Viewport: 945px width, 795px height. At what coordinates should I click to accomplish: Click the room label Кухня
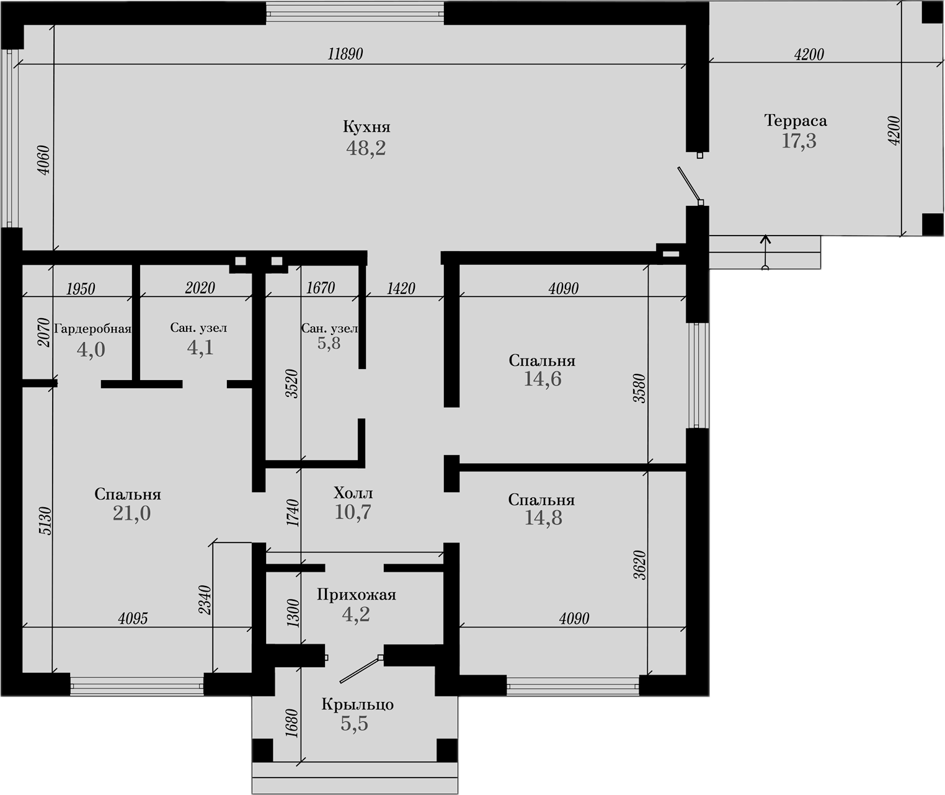click(x=366, y=127)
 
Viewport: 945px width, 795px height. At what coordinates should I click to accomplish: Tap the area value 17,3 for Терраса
click(x=799, y=141)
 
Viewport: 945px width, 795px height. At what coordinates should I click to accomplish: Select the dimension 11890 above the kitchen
click(x=345, y=54)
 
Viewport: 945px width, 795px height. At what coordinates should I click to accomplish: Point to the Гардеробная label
click(x=92, y=329)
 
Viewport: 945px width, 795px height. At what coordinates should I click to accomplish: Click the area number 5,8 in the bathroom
click(x=329, y=344)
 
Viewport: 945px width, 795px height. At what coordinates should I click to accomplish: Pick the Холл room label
click(x=353, y=494)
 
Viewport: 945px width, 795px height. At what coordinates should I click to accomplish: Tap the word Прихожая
click(x=356, y=595)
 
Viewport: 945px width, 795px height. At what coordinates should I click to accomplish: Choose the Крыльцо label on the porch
click(x=357, y=705)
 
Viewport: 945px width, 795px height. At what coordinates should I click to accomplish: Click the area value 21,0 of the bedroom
click(x=131, y=513)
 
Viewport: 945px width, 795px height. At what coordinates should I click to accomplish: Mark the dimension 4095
click(x=133, y=618)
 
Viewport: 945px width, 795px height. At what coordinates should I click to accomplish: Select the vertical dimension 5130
click(x=45, y=521)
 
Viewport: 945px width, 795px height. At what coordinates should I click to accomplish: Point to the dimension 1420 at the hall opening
click(x=401, y=288)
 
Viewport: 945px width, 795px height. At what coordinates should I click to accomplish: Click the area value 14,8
click(x=543, y=518)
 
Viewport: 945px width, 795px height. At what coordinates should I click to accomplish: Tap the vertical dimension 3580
click(x=639, y=389)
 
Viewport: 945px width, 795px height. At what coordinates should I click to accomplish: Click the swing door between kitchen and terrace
click(x=689, y=185)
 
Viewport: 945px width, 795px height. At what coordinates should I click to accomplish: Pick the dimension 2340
click(x=205, y=600)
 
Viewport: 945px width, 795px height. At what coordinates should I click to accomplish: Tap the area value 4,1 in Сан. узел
click(x=200, y=348)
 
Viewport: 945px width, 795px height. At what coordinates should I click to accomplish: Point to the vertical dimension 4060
click(x=44, y=159)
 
